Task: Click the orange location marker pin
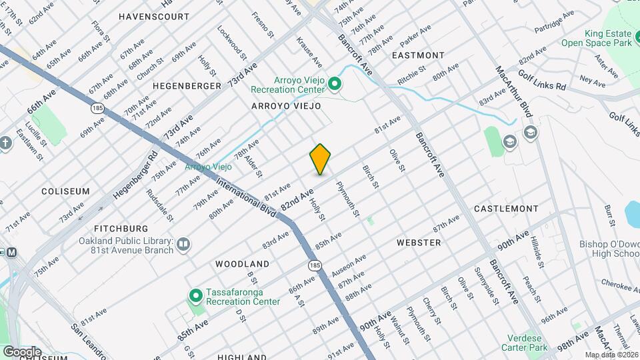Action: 320,159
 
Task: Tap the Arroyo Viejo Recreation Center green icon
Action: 335,84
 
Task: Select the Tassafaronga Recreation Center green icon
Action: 195,295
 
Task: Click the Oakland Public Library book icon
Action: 183,246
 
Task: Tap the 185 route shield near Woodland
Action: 315,265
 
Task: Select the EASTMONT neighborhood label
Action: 418,55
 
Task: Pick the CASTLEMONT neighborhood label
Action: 506,209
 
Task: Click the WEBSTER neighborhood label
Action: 419,243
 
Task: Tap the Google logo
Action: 21,351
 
